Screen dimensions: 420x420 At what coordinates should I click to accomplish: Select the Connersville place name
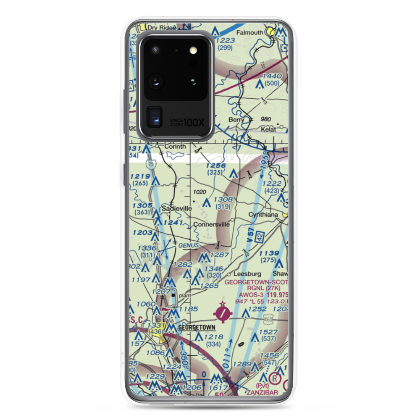pos(211,224)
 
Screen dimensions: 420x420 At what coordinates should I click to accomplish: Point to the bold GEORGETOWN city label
pos(197,327)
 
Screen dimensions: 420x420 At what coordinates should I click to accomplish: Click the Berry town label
pos(236,120)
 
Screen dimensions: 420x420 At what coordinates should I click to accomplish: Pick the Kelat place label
pos(268,129)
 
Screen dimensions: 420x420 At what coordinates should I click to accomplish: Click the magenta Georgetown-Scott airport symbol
pos(223,312)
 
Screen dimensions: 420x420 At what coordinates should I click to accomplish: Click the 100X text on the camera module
pos(194,123)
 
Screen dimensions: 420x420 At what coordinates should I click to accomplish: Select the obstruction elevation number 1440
pos(271,76)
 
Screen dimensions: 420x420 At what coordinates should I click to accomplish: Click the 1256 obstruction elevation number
pos(216,166)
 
